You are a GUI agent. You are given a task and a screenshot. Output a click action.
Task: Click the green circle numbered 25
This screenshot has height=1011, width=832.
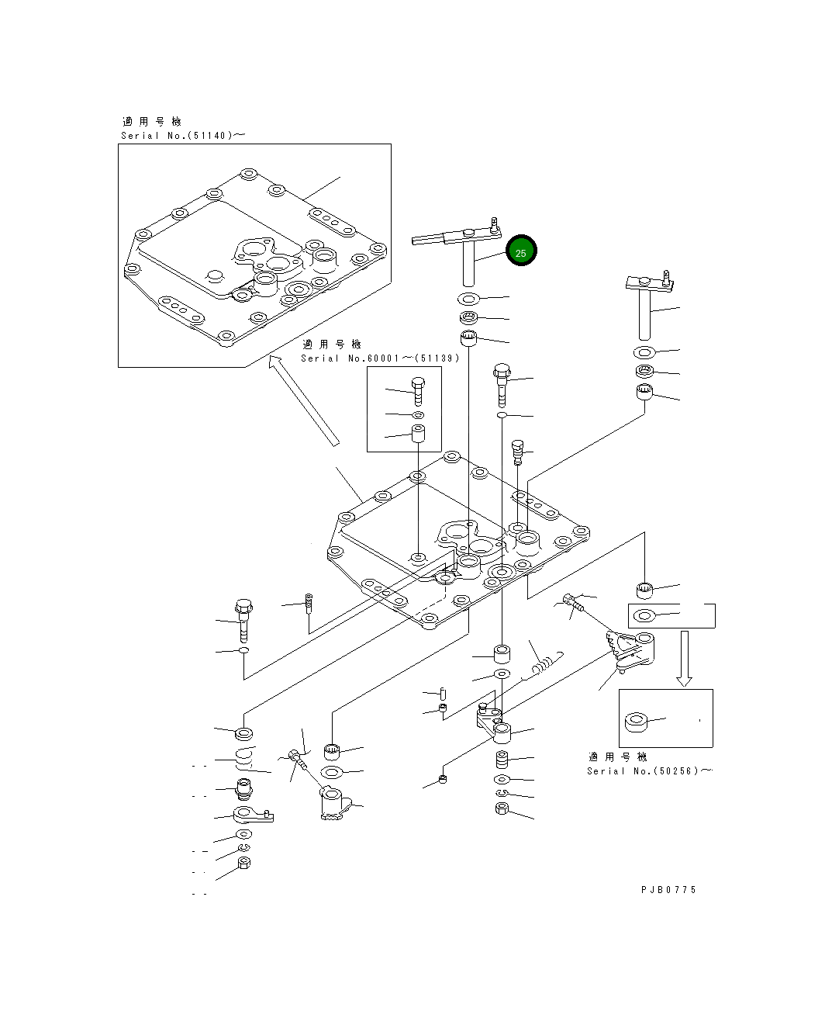tap(520, 251)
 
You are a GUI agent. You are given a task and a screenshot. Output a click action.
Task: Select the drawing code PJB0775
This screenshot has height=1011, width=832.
tap(668, 890)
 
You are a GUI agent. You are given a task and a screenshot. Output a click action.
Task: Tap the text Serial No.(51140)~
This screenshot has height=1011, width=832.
tap(183, 136)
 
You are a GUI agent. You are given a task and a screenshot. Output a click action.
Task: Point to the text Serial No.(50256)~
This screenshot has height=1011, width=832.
tap(649, 770)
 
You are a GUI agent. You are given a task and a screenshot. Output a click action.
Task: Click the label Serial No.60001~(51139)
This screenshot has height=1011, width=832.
tap(380, 358)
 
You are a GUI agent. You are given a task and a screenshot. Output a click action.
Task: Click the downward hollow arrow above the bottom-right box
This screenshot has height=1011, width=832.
tap(683, 658)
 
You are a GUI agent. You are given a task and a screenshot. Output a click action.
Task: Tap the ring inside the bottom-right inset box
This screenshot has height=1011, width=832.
tap(637, 721)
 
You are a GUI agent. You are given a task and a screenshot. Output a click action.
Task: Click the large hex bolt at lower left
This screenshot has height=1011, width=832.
tap(243, 619)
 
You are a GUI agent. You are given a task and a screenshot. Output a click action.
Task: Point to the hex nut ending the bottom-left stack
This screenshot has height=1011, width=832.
tap(243, 862)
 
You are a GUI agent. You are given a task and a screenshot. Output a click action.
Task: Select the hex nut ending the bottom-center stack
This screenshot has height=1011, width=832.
tap(501, 809)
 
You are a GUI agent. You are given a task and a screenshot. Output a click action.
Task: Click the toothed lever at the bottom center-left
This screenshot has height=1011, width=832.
tap(333, 804)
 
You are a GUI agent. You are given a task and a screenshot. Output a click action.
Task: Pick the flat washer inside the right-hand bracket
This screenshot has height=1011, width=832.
tap(644, 616)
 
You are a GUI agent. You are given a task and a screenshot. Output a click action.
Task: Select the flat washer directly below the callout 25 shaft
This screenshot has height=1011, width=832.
tap(468, 298)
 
